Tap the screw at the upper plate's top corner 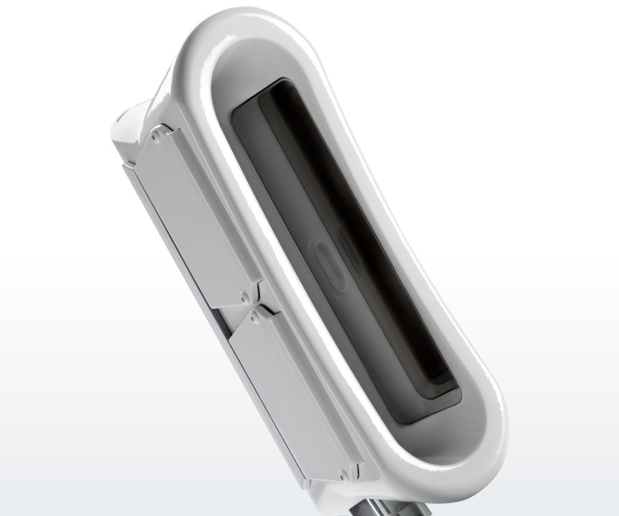(155, 134)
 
